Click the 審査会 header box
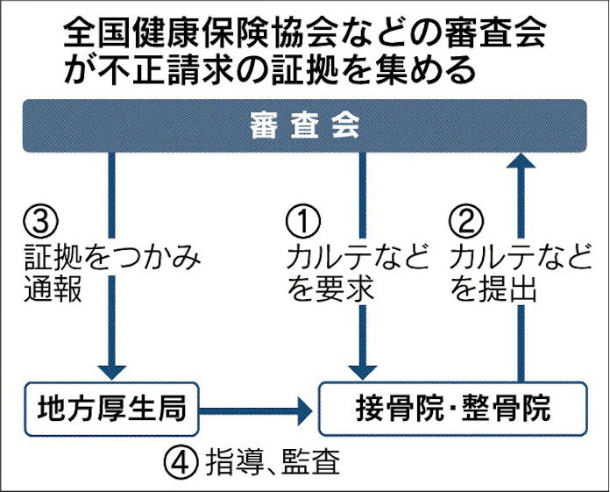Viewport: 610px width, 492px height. click(304, 126)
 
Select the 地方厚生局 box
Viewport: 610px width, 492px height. click(111, 408)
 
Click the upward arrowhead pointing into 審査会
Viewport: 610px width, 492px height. click(523, 160)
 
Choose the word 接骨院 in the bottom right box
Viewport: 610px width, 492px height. click(395, 409)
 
